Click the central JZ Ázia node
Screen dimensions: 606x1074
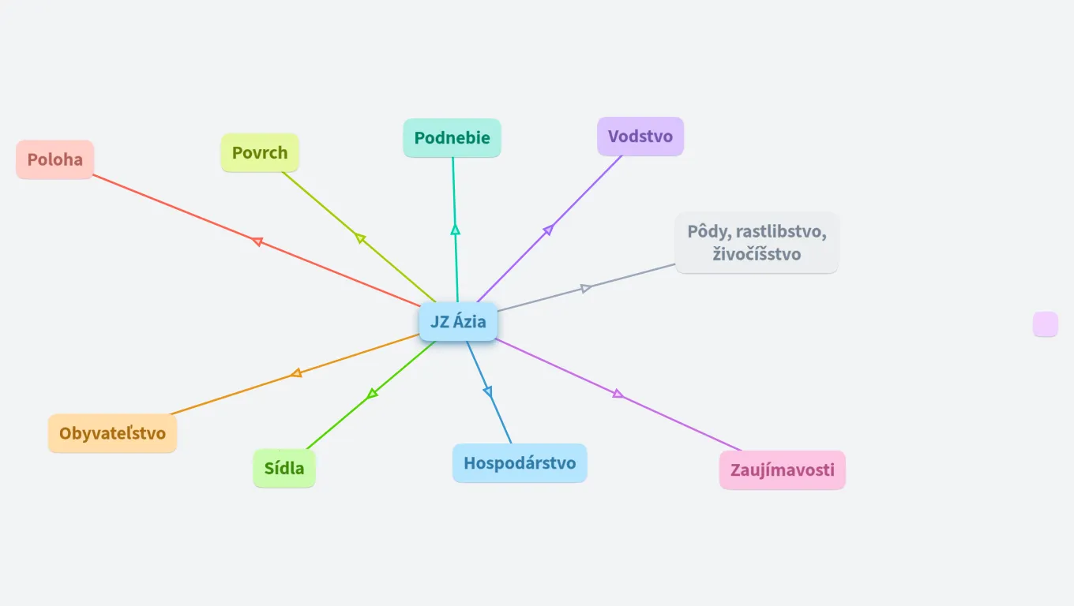[458, 322]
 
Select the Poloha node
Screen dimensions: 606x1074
[55, 159]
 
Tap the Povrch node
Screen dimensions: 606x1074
[260, 153]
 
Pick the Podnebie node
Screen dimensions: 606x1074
[453, 138]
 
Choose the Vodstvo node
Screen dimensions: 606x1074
[640, 137]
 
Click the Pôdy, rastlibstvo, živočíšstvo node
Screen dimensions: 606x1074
[757, 243]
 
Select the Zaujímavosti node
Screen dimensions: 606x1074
[782, 470]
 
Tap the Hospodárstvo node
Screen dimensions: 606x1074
[520, 463]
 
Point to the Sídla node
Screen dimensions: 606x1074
[284, 469]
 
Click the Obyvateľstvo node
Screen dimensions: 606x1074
[113, 433]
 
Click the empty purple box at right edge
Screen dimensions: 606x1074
[1045, 324]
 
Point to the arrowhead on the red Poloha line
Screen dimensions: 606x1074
[257, 241]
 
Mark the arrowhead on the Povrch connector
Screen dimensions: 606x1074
[360, 238]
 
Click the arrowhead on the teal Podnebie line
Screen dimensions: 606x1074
[455, 230]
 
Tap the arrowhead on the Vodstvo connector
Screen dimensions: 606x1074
[548, 230]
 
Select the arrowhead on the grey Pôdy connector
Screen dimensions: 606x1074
[586, 288]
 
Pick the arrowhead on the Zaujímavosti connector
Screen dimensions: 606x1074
[618, 394]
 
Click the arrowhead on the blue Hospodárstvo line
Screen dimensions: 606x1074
[487, 391]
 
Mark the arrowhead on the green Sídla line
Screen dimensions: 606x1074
[373, 393]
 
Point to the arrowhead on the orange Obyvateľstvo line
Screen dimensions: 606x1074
[296, 373]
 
